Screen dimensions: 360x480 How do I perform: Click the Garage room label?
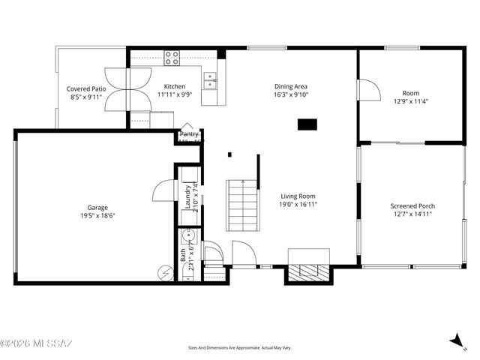97,207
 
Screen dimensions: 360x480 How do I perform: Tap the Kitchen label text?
175,86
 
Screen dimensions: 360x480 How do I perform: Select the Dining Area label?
291,86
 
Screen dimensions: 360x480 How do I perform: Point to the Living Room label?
298,196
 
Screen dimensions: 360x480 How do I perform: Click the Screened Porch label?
412,205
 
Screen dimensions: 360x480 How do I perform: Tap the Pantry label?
190,134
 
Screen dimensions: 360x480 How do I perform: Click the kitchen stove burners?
172,57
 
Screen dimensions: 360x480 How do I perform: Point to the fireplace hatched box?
309,271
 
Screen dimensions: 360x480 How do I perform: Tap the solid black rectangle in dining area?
307,124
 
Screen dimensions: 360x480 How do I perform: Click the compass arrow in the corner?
457,340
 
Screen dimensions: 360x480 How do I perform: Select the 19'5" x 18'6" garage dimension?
97,216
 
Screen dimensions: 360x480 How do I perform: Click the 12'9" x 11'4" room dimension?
411,101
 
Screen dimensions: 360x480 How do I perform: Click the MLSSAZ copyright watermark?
36,343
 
